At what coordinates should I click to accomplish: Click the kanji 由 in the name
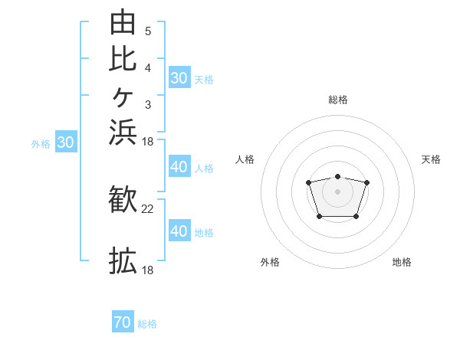pos(123,21)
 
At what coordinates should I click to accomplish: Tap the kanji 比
pos(123,59)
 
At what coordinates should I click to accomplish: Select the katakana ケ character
pos(123,97)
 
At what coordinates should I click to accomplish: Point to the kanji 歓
pos(123,199)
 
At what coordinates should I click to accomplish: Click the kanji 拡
pos(123,260)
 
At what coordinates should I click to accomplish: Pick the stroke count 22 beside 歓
pos(147,209)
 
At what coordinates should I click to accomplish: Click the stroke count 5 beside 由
pos(148,31)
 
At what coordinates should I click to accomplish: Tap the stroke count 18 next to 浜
pos(147,142)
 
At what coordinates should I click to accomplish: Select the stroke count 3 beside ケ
pos(148,105)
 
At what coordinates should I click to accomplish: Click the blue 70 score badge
pos(123,321)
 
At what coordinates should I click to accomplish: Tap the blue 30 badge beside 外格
pos(66,141)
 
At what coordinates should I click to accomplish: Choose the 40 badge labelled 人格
pos(179,166)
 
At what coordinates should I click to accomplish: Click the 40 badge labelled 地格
pos(179,230)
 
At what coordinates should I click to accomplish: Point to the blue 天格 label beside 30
pos(204,80)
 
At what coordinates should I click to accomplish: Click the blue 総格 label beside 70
pos(147,324)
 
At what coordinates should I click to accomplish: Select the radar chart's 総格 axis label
pos(338,100)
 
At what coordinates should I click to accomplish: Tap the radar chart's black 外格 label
pos(270,262)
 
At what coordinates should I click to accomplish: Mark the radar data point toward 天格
pos(366,182)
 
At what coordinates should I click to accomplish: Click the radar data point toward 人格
pos(308,182)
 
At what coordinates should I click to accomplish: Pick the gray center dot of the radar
pos(337,191)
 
